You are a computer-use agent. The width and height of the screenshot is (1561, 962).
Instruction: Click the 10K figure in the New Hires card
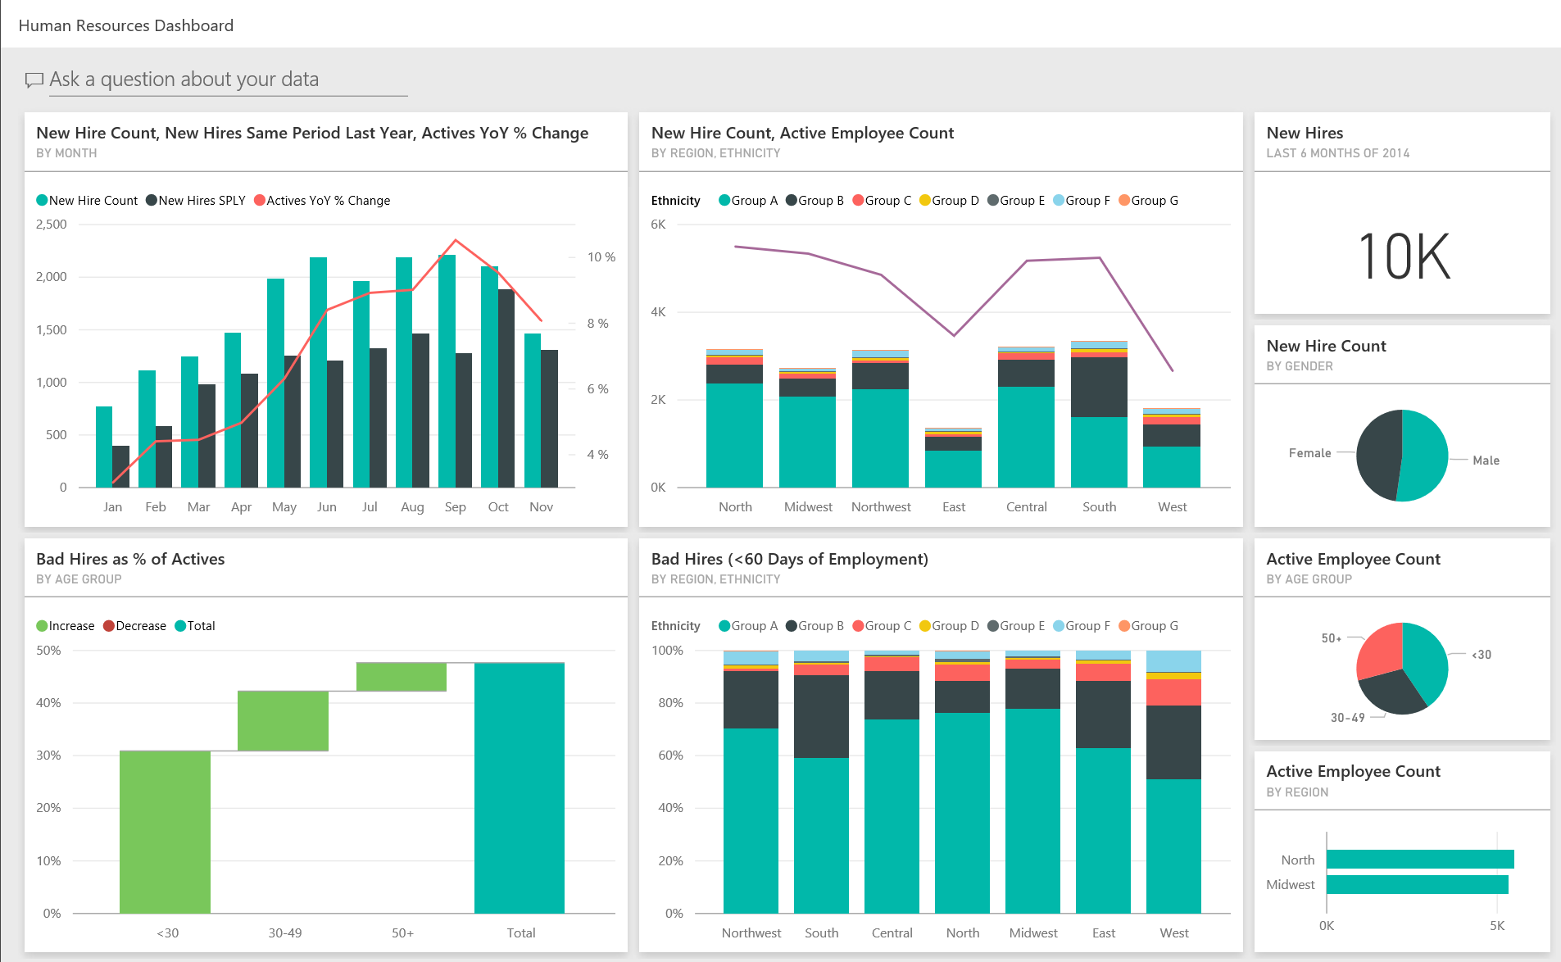pos(1404,257)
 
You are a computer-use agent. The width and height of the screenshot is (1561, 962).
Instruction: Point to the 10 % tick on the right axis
pos(601,257)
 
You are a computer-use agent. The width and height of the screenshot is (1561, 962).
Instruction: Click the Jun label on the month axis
pos(326,507)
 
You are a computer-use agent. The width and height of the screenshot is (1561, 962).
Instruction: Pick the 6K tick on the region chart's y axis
pos(658,225)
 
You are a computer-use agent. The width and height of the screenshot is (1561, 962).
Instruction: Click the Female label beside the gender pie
pos(1309,453)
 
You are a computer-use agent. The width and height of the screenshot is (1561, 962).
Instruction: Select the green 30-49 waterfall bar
pos(283,720)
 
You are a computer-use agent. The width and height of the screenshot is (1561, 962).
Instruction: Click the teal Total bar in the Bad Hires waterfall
pos(519,787)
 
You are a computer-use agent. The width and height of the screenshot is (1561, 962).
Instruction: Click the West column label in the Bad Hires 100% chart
pos(1173,933)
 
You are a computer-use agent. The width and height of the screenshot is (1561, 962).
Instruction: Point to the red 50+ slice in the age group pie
pos(1380,651)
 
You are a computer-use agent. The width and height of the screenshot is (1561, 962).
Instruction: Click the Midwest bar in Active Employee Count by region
pos(1416,885)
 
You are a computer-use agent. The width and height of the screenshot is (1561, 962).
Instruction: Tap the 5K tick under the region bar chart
pos(1496,926)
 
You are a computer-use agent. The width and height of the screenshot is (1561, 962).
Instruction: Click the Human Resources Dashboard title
pos(126,25)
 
